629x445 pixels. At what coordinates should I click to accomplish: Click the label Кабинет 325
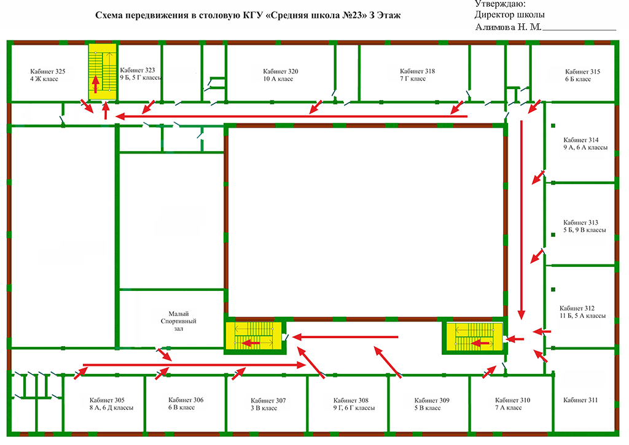pyautogui.click(x=48, y=71)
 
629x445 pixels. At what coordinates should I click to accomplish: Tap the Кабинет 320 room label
pyautogui.click(x=281, y=71)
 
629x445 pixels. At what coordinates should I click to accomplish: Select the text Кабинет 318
pyautogui.click(x=417, y=71)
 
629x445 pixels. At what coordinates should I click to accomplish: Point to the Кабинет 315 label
pyautogui.click(x=582, y=72)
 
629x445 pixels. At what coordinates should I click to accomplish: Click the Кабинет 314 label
pyautogui.click(x=581, y=140)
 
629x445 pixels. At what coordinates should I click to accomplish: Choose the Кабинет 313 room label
pyautogui.click(x=580, y=222)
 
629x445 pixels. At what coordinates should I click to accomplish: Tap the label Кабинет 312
pyautogui.click(x=577, y=308)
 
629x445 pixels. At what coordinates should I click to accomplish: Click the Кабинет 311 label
pyautogui.click(x=580, y=400)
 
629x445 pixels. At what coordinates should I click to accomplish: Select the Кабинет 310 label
pyautogui.click(x=513, y=400)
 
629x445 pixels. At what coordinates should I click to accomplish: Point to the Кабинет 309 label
pyautogui.click(x=432, y=400)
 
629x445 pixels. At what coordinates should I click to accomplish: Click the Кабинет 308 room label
pyautogui.click(x=351, y=400)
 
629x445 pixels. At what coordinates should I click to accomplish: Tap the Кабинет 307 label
pyautogui.click(x=268, y=401)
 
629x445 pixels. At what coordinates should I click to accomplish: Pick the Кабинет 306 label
pyautogui.click(x=186, y=400)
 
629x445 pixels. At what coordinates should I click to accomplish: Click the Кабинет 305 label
pyautogui.click(x=107, y=400)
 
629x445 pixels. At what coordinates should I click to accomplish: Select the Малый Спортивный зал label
pyautogui.click(x=179, y=321)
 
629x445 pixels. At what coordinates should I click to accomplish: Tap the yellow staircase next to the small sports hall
pyautogui.click(x=254, y=336)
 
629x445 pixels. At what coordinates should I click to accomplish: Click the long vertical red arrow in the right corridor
pyautogui.click(x=521, y=220)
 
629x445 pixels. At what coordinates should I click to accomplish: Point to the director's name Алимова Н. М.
pyautogui.click(x=508, y=27)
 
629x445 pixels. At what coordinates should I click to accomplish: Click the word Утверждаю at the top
pyautogui.click(x=500, y=4)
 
